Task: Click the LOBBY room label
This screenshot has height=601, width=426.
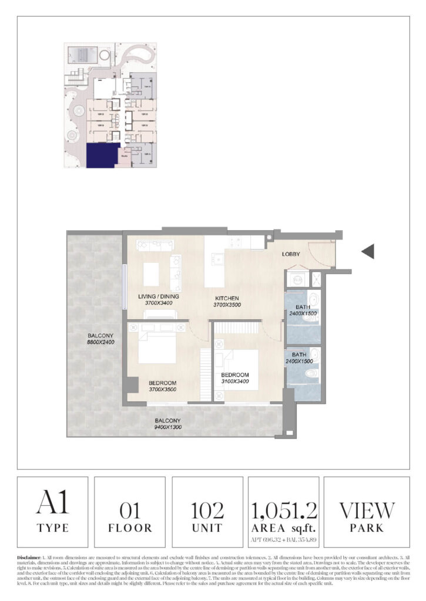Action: click(x=291, y=254)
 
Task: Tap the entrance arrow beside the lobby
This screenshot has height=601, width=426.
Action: click(x=368, y=252)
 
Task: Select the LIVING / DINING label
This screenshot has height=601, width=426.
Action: click(x=159, y=297)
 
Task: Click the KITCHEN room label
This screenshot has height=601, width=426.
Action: click(x=227, y=298)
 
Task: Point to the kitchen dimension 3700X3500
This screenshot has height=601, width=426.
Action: click(x=227, y=305)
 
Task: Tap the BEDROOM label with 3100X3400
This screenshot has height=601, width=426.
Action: click(x=235, y=375)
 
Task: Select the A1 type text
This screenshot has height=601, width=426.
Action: click(x=52, y=504)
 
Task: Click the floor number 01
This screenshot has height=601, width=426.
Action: click(x=129, y=509)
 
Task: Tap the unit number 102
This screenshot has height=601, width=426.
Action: click(x=207, y=509)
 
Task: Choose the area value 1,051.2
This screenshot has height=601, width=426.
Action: click(x=284, y=508)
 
